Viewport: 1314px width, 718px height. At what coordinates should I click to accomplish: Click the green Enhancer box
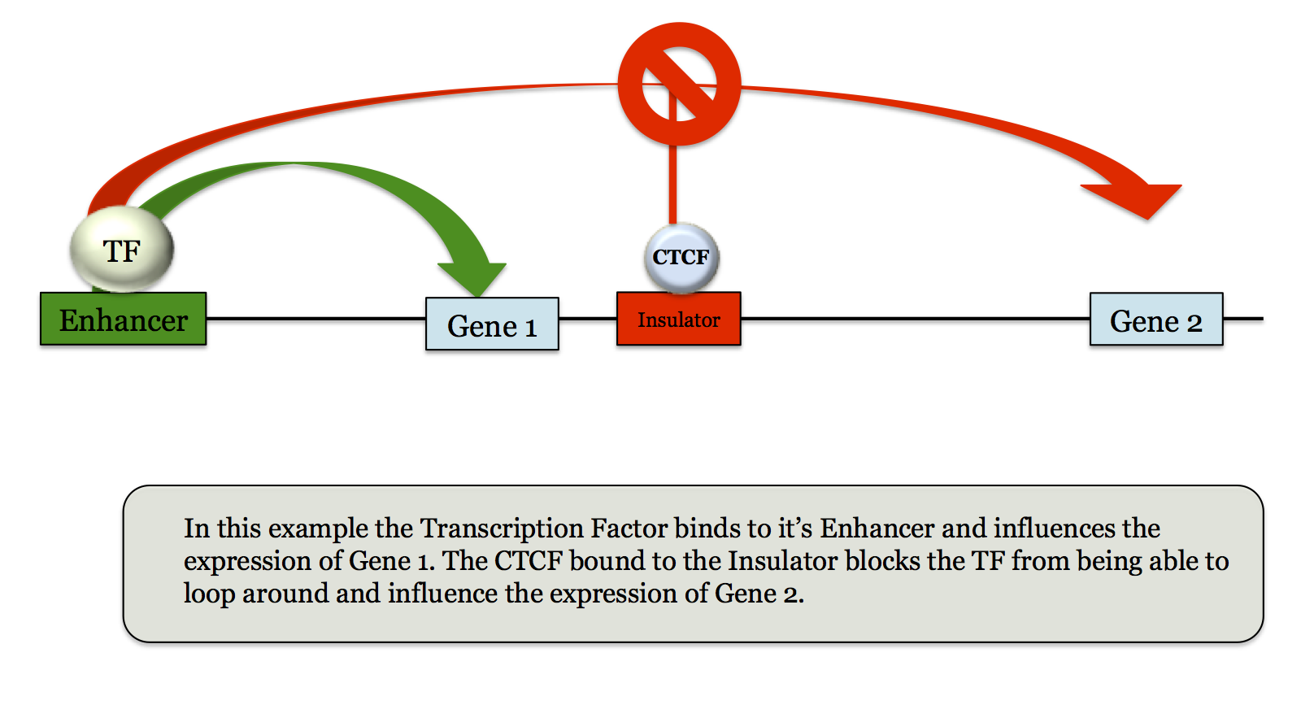pyautogui.click(x=123, y=320)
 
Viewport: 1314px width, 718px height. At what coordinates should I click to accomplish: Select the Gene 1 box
pyautogui.click(x=492, y=324)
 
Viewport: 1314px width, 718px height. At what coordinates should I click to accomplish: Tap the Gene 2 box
pyautogui.click(x=1155, y=320)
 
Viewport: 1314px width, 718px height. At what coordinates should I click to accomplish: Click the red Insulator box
pyautogui.click(x=678, y=319)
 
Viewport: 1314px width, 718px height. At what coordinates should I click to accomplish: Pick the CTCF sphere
pyautogui.click(x=681, y=258)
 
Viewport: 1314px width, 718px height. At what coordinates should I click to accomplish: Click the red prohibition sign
pyautogui.click(x=679, y=85)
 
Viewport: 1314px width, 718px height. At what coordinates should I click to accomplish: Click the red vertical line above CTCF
pyautogui.click(x=672, y=183)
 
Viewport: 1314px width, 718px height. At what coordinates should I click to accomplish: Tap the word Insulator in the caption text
pyautogui.click(x=782, y=561)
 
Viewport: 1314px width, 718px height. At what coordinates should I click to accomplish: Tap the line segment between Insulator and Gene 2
pyautogui.click(x=915, y=319)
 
